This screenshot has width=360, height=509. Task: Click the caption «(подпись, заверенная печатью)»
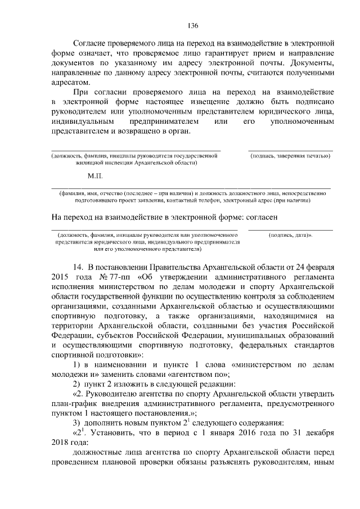(290, 155)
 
